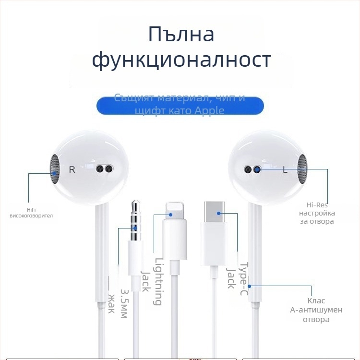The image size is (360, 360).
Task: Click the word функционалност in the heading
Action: tap(181, 61)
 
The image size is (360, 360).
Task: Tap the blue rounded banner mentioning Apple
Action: tap(180, 105)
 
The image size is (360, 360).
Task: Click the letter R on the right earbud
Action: tap(72, 169)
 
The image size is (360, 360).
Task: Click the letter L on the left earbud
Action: tap(285, 169)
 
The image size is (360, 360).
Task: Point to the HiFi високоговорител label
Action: tap(31, 213)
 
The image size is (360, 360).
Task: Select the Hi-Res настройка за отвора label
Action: tap(317, 213)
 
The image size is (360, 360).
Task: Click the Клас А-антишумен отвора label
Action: tap(316, 310)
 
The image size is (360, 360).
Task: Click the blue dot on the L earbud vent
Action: tap(257, 169)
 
